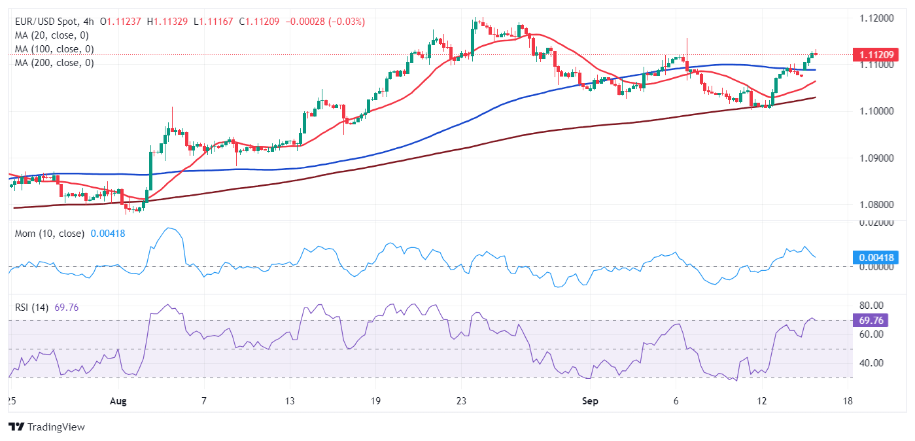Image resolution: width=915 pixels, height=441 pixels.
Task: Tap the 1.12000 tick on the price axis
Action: (x=877, y=18)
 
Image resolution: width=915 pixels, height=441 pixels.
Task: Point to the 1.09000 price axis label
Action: (x=877, y=158)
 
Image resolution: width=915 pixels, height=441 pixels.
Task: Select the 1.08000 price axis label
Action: (x=877, y=205)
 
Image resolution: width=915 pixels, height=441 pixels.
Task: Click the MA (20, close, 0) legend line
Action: (x=52, y=35)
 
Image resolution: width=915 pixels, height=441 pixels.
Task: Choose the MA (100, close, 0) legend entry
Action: (x=54, y=49)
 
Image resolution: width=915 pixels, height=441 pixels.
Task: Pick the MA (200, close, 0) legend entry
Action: (x=54, y=63)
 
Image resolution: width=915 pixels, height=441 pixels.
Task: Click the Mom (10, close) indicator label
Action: (x=50, y=234)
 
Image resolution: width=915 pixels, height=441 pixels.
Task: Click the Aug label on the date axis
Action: (x=118, y=400)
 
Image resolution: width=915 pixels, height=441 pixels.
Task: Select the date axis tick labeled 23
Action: (x=461, y=400)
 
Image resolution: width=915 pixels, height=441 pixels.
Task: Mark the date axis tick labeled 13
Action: (x=290, y=400)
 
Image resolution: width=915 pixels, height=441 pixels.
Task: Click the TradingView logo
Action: (x=46, y=427)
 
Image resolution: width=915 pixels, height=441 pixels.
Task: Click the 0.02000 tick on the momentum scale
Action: (x=877, y=223)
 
